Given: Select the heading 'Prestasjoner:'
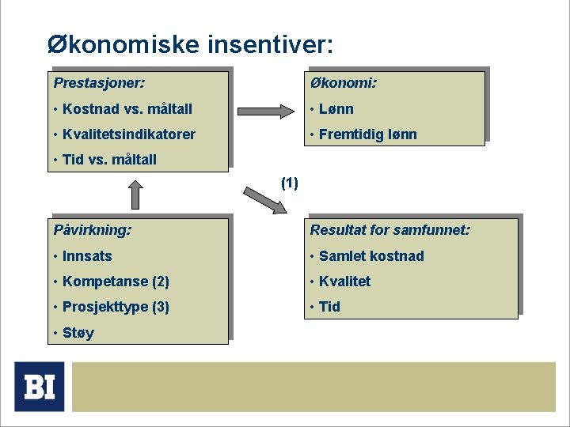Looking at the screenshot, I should pos(99,82).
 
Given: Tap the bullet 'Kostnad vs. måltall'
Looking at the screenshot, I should pos(127,109).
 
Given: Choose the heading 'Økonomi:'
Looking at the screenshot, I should pos(344,82).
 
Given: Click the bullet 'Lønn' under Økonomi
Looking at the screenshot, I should pos(336,109).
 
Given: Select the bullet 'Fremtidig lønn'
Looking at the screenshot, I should pos(367,134).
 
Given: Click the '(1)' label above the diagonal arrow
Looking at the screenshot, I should pos(290,183).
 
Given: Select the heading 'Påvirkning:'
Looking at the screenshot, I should pos(93,230).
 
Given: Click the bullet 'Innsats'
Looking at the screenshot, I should pos(87,256).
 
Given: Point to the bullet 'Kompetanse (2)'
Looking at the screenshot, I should pos(116,282).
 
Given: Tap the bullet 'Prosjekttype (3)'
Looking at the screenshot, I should pos(116,307).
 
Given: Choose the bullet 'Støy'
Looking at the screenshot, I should pos(78,333).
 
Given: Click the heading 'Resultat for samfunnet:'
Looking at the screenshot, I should pos(390,230).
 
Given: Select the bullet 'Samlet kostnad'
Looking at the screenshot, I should pos(371,256).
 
